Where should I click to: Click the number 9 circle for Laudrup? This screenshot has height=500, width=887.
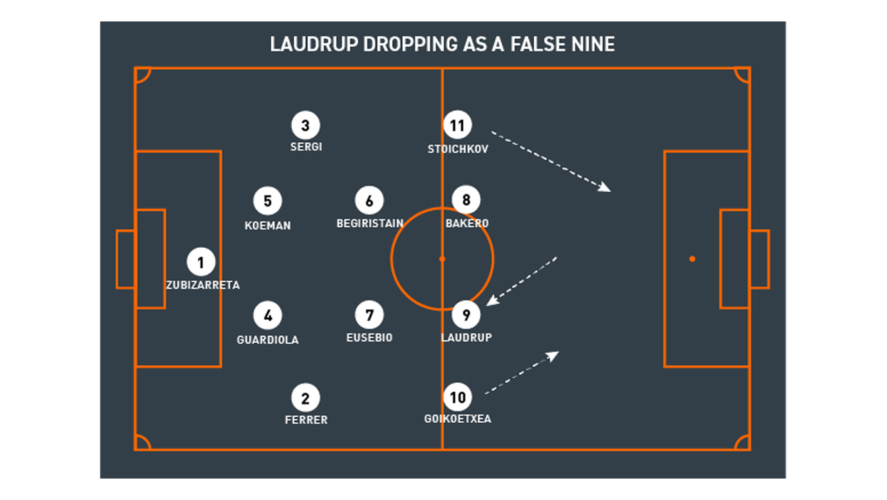click(466, 314)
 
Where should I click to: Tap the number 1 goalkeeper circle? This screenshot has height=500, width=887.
click(201, 262)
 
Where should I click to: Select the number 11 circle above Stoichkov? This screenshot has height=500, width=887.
click(457, 126)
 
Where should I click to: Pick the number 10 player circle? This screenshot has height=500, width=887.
click(457, 397)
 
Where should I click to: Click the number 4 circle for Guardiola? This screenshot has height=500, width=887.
click(268, 314)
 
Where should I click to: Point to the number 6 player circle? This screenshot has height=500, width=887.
click(369, 201)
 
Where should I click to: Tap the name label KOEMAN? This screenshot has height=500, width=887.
click(268, 226)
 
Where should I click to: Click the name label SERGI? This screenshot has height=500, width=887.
click(306, 147)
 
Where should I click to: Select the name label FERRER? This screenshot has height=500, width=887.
click(306, 420)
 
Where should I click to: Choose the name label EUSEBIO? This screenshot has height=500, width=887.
click(369, 338)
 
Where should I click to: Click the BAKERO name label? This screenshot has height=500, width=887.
click(467, 224)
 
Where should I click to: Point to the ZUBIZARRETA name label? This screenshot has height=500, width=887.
click(203, 285)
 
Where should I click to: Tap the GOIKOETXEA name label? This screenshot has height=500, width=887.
click(458, 419)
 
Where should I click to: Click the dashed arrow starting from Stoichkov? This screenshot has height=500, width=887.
click(550, 161)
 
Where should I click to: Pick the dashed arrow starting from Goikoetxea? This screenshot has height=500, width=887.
click(522, 372)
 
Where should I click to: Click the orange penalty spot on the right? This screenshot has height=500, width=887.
click(692, 259)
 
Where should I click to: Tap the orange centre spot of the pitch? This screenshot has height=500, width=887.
click(442, 259)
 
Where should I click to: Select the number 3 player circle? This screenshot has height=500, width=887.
click(306, 126)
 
